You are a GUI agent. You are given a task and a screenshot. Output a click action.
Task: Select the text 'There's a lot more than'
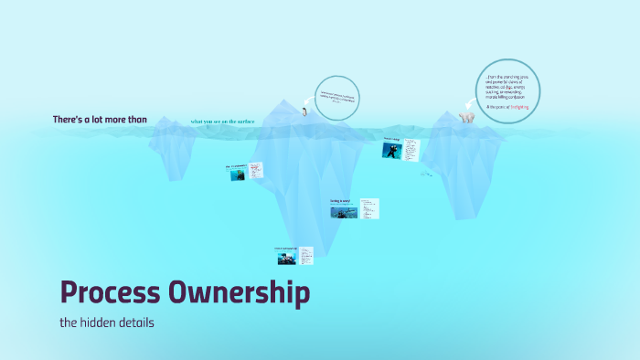[100, 120]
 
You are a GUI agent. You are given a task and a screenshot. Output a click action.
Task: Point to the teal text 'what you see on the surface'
[223, 121]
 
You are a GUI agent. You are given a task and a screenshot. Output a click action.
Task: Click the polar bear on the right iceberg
[467, 117]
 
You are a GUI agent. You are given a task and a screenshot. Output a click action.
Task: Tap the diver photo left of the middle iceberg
[237, 174]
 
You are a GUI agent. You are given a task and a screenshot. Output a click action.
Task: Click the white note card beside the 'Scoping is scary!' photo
[369, 209]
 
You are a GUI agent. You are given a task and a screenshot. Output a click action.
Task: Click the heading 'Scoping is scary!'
[341, 200]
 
